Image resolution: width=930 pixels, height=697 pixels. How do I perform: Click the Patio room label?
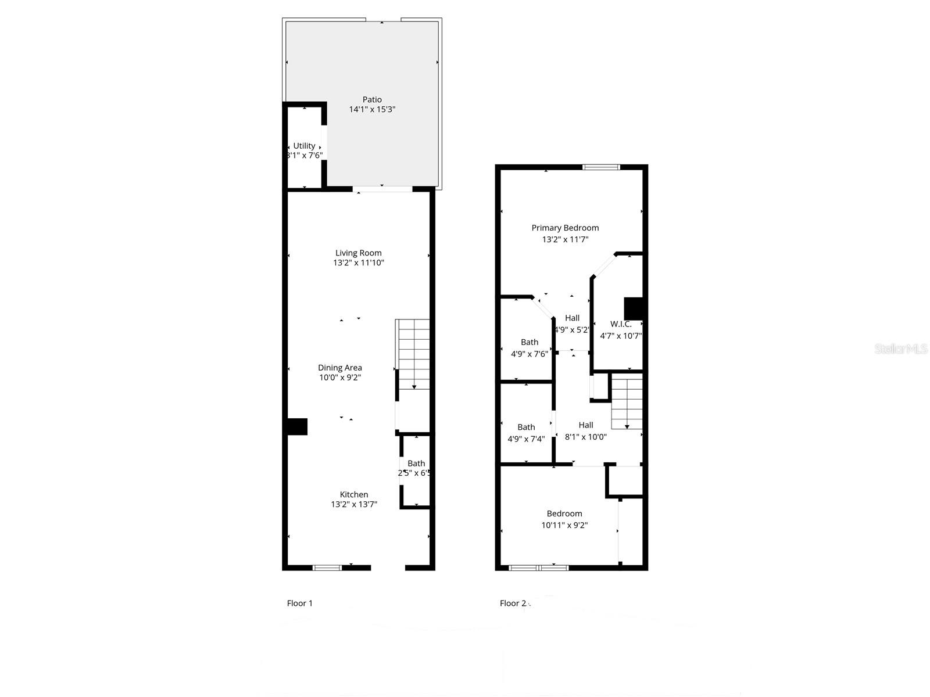(x=372, y=99)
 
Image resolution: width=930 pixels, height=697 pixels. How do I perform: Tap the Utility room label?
(x=304, y=146)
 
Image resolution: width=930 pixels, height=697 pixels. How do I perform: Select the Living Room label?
(x=358, y=253)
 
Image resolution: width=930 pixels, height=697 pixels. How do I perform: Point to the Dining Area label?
(x=339, y=368)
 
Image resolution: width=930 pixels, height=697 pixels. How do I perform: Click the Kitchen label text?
(x=354, y=494)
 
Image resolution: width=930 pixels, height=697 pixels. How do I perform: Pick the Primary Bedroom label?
(x=565, y=228)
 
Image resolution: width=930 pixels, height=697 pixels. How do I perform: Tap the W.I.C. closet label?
(x=621, y=324)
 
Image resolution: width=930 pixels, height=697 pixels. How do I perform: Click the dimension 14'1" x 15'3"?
(x=372, y=109)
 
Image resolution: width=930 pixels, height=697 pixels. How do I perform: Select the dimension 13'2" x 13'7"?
(x=354, y=504)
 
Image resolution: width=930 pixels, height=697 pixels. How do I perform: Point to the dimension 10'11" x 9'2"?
(x=564, y=525)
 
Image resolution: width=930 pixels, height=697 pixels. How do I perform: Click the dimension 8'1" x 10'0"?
(x=586, y=437)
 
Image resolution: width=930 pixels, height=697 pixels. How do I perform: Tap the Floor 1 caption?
(x=300, y=603)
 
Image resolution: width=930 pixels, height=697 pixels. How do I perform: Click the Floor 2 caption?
(x=513, y=603)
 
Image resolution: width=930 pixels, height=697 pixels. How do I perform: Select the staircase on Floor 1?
(x=413, y=354)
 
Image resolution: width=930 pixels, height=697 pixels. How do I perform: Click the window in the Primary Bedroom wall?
(x=602, y=167)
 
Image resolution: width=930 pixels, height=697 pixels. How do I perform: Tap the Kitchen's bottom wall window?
(x=327, y=567)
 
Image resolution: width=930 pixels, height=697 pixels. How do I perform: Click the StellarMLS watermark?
(x=902, y=349)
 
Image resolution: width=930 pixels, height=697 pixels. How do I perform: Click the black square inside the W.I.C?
(x=632, y=308)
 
